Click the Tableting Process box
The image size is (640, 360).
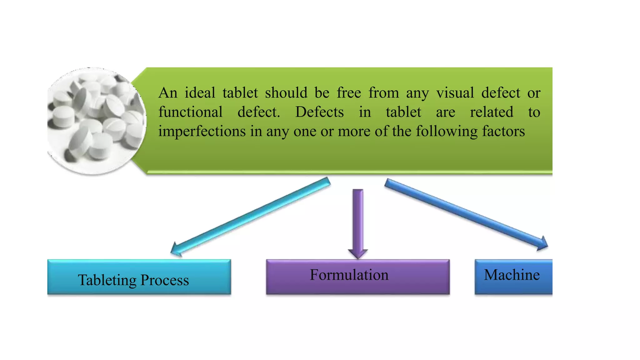(139, 277)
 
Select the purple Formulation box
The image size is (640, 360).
(358, 277)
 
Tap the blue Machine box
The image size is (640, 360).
(513, 277)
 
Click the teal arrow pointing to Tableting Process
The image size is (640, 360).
(250, 216)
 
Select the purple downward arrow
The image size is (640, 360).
(358, 222)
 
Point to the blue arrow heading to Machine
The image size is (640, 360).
(466, 214)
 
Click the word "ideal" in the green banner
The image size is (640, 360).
(200, 93)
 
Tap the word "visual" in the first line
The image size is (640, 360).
(455, 93)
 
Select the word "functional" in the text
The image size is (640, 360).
(190, 112)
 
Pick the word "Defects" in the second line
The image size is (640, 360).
(319, 112)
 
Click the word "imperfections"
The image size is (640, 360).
(202, 131)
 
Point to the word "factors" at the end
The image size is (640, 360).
(503, 131)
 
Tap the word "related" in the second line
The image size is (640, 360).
(492, 112)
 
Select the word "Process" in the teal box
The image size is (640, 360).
(165, 280)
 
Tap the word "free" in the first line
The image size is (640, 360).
(349, 93)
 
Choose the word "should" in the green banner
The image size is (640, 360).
(286, 93)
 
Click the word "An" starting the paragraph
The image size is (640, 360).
(168, 93)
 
